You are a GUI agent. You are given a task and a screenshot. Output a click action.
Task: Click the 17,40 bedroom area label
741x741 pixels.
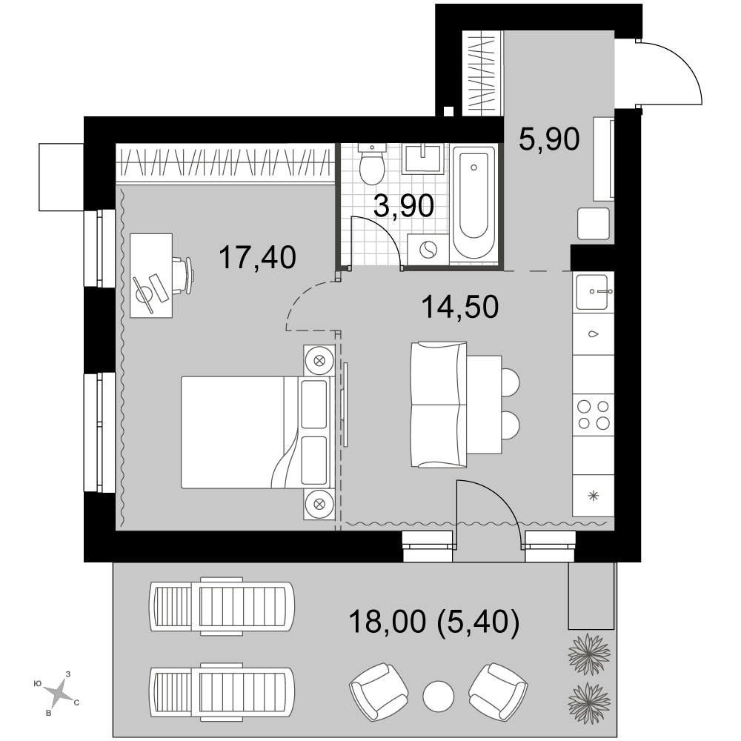coord(258,258)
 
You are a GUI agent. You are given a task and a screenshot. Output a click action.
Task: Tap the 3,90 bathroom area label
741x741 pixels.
coord(404,206)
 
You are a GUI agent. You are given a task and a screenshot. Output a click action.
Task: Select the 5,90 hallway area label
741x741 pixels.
coord(549,139)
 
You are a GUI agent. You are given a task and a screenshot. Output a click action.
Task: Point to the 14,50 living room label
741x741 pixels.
coord(460,307)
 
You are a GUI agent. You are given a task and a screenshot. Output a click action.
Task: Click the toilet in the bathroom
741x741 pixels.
coord(371,164)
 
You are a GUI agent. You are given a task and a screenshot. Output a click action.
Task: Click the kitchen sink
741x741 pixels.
coord(593,291)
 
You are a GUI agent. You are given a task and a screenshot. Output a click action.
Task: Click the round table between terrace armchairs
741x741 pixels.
coord(439,696)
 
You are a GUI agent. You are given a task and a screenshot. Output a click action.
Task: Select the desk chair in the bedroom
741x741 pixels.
coord(183,276)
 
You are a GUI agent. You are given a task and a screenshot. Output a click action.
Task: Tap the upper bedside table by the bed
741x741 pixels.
coord(319,360)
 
